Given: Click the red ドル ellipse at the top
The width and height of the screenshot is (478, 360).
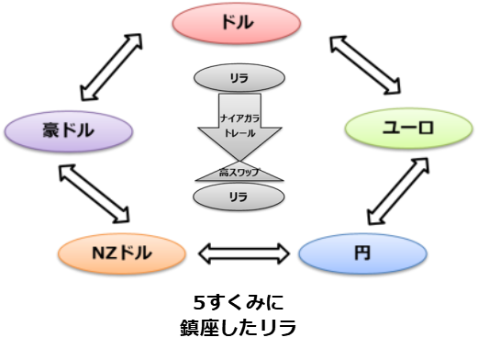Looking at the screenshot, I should pos(239,22).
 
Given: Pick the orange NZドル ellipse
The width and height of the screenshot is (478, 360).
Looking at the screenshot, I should pos(117,251).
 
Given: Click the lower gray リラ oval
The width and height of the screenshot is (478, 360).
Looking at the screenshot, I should pos(239,197).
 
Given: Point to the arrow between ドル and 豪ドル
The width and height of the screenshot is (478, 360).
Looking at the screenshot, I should pos(113,67).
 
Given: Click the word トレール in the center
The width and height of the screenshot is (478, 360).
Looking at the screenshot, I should pos(239,134).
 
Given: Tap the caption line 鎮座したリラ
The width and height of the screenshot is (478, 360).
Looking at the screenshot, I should pos(239,326).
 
